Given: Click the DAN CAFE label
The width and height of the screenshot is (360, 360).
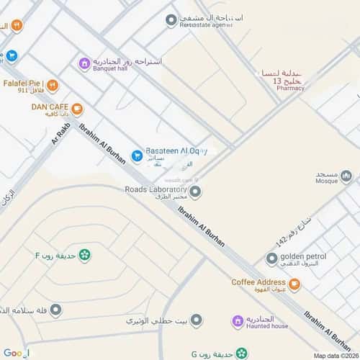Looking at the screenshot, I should (49, 107).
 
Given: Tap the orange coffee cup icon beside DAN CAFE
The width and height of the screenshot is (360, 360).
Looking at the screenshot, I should (77, 109).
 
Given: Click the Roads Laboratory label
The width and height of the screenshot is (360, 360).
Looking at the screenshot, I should (156, 191).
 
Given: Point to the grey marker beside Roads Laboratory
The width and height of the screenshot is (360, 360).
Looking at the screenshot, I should (195, 191).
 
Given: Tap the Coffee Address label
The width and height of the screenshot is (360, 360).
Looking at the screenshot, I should (259, 282).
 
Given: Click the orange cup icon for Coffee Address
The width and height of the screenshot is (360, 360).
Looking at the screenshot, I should (294, 285).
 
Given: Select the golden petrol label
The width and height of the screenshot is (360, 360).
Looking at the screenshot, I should (303, 256).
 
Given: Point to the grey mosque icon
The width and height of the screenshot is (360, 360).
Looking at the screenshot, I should (346, 176).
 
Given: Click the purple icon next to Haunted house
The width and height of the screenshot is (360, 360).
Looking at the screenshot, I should (237, 321).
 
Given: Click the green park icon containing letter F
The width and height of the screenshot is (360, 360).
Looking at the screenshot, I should (85, 254).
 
